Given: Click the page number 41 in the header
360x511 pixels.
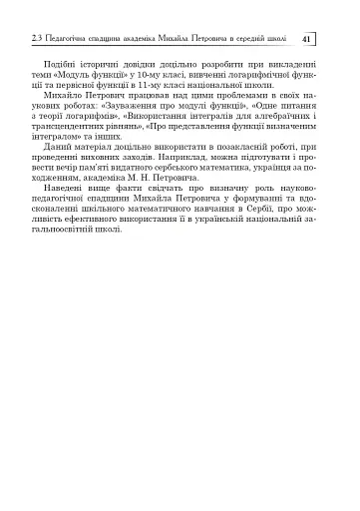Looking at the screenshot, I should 307,39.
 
